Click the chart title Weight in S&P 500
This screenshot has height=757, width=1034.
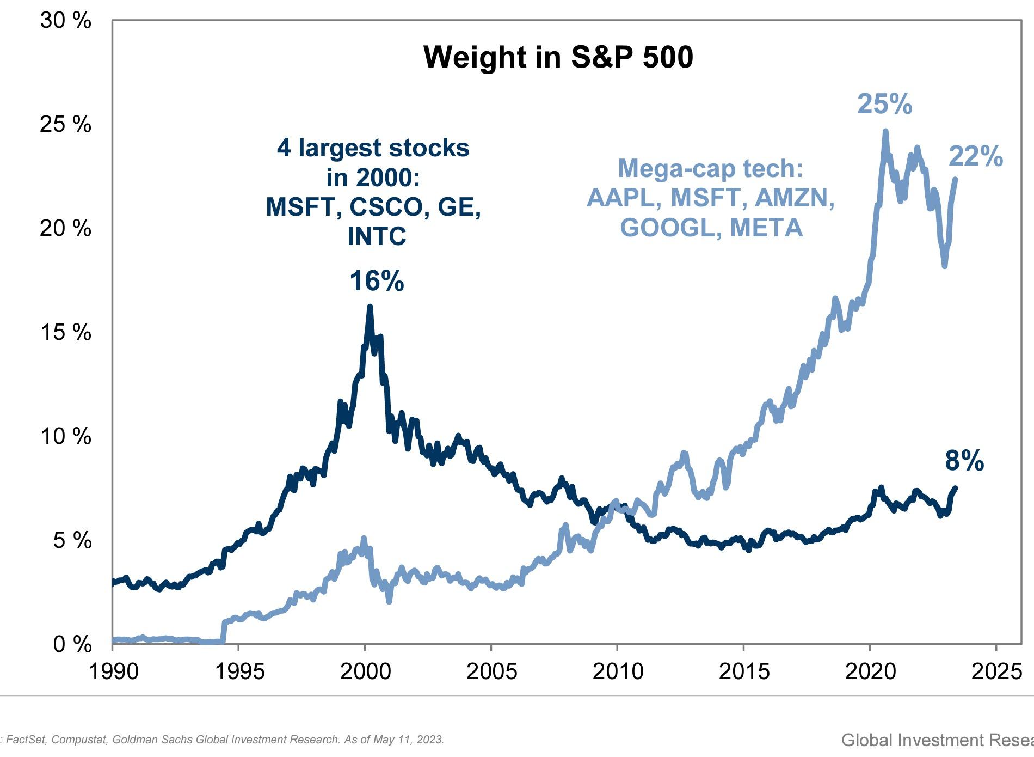tap(558, 57)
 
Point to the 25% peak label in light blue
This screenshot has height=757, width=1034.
tap(884, 103)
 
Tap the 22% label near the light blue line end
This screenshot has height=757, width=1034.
tap(975, 157)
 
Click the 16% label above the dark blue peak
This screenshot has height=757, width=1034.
tap(377, 282)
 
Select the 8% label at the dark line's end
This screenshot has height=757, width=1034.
tap(964, 461)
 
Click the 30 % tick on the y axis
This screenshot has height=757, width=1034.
tap(65, 21)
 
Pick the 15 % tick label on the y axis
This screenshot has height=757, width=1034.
tap(65, 332)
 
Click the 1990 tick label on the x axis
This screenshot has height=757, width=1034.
tap(113, 671)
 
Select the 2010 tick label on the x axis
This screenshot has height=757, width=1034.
tap(618, 671)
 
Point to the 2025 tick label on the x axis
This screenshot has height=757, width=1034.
tap(996, 671)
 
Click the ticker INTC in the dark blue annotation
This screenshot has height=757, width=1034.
tap(377, 236)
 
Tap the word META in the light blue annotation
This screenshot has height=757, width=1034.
tap(766, 228)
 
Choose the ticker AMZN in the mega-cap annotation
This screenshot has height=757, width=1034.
tap(795, 198)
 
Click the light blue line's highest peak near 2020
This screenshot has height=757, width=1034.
tap(885, 132)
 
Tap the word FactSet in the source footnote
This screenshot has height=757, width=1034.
tap(26, 740)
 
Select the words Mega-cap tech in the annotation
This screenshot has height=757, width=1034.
tap(710, 168)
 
